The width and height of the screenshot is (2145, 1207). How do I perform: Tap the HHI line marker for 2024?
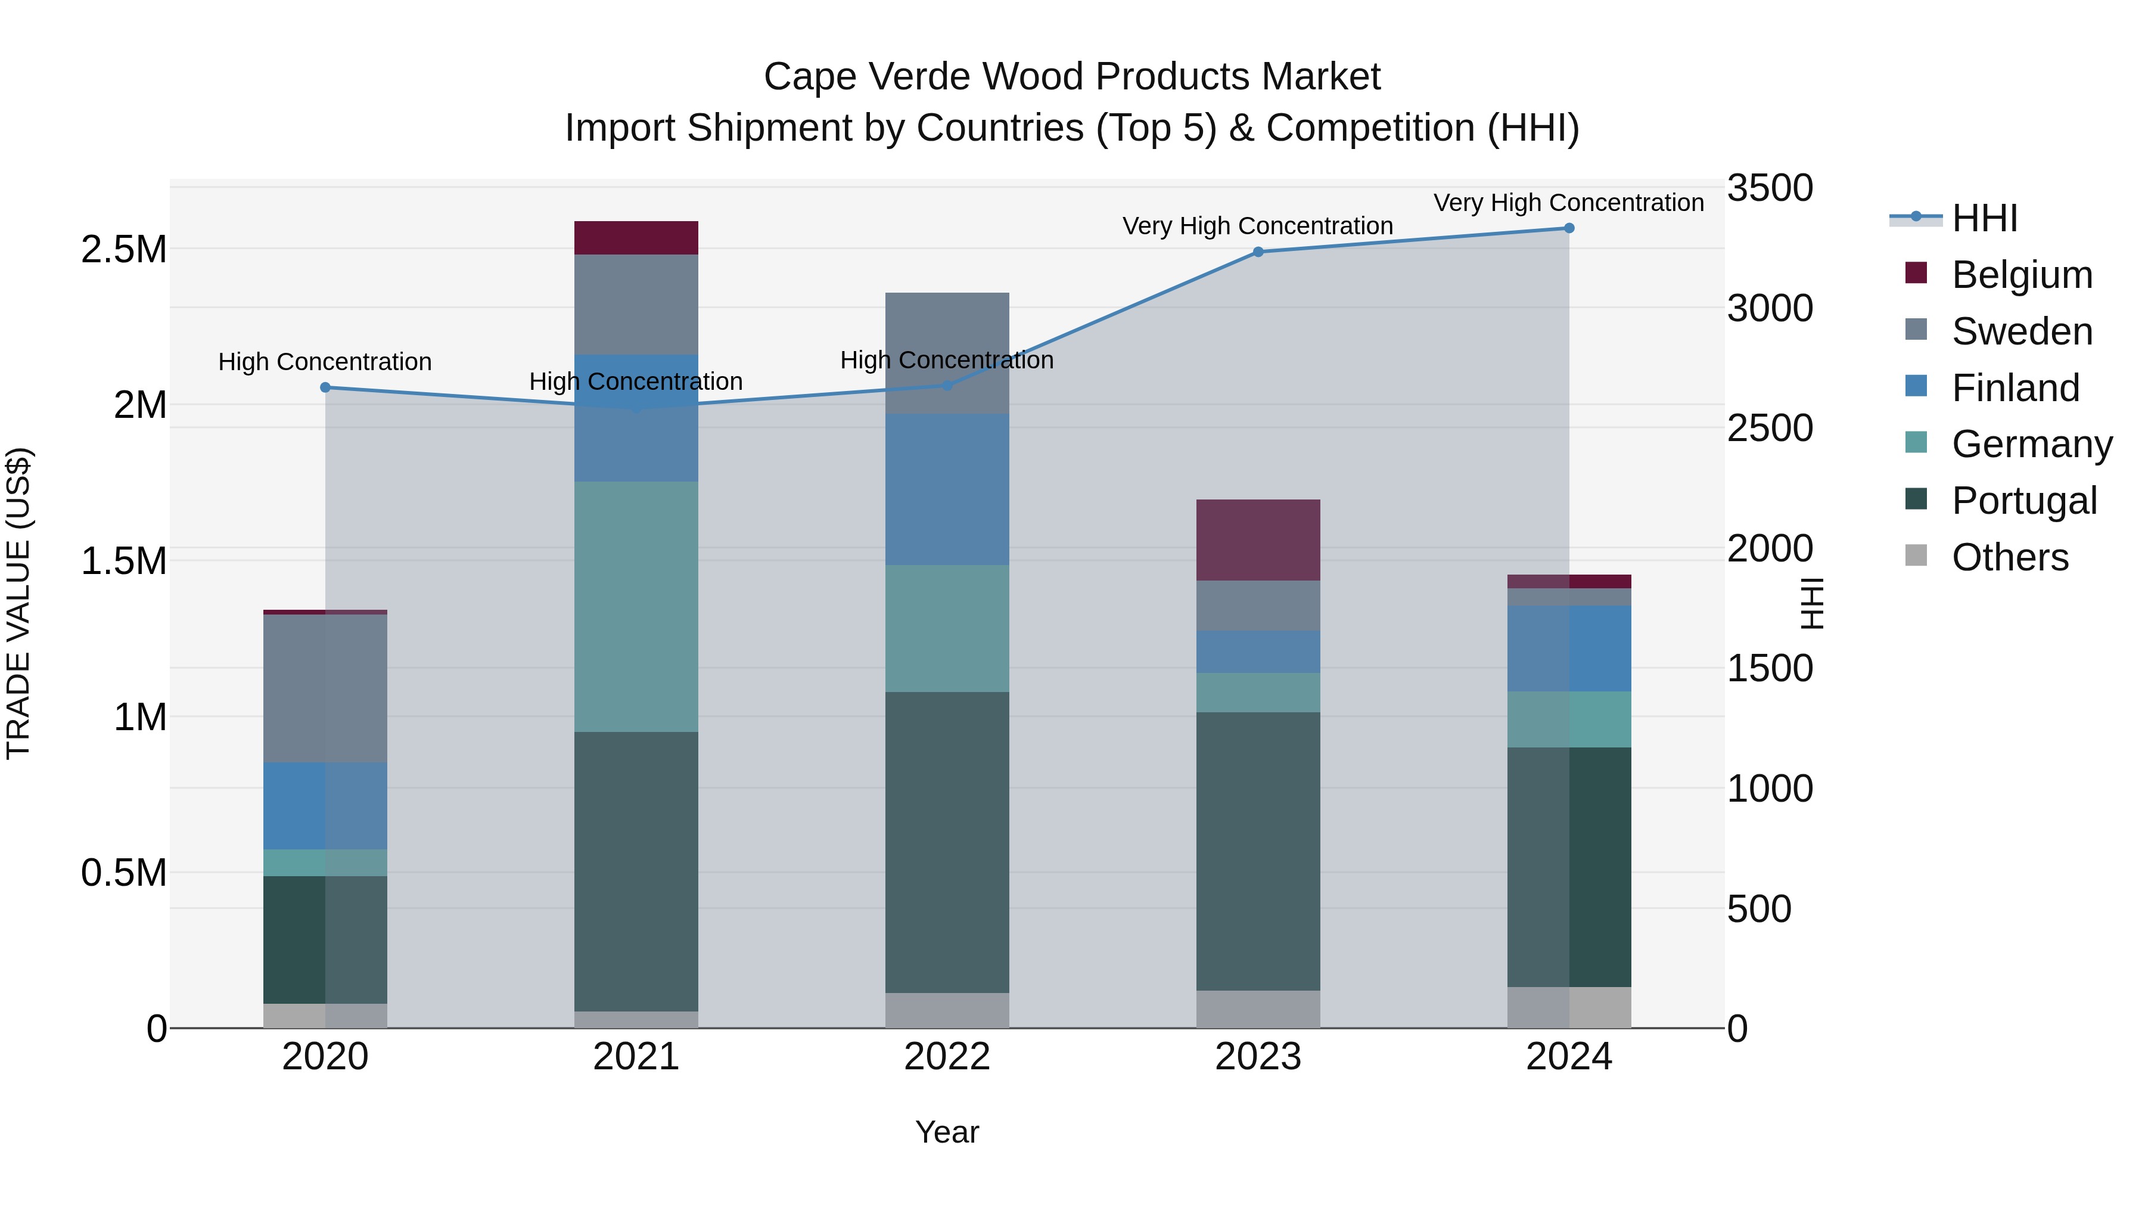(1569, 228)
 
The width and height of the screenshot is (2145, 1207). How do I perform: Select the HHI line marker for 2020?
(325, 387)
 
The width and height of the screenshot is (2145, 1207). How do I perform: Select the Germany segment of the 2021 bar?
(636, 606)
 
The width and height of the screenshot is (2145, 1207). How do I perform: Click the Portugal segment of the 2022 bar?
(947, 841)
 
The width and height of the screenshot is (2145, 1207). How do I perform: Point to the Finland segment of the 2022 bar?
(947, 490)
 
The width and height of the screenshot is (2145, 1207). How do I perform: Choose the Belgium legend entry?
(2022, 275)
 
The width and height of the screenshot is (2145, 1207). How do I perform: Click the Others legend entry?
(2009, 557)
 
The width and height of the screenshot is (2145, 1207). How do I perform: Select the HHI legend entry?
(1984, 218)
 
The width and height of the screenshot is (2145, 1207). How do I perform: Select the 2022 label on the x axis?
(947, 1057)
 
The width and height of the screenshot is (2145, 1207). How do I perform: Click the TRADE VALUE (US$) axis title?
(19, 603)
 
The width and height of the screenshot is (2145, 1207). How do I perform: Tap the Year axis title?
(947, 1132)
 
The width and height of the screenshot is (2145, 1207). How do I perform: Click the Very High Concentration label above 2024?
(1569, 203)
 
